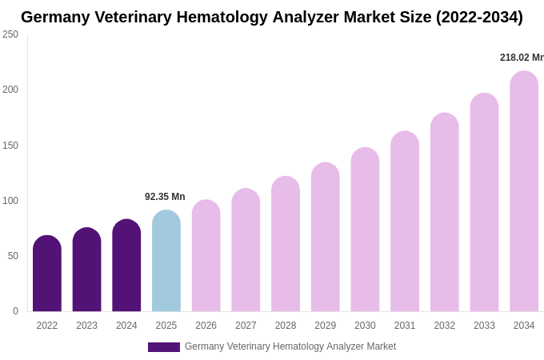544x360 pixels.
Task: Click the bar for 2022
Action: tap(47, 274)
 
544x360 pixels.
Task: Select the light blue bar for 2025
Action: tap(166, 261)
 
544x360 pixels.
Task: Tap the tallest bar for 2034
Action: tap(524, 191)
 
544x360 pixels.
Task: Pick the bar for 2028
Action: tap(286, 244)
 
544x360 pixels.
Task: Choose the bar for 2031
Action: tap(405, 222)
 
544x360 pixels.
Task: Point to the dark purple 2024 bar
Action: tap(126, 266)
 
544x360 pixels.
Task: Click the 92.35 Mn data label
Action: tap(165, 197)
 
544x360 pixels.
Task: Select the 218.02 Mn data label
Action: tap(521, 58)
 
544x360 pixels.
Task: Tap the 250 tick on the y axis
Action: tap(10, 34)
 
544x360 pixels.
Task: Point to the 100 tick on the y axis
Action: tap(10, 201)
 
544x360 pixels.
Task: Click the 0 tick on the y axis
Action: tap(15, 311)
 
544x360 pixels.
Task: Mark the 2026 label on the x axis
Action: tap(206, 326)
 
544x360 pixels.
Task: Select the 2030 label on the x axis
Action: tap(365, 326)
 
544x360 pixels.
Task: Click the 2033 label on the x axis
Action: tap(484, 326)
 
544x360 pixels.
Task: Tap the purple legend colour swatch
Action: tap(164, 347)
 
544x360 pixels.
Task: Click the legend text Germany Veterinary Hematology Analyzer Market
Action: tap(290, 346)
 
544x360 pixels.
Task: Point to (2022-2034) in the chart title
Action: tap(479, 17)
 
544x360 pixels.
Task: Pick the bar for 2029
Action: tap(326, 237)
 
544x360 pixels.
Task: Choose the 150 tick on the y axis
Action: tap(10, 146)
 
